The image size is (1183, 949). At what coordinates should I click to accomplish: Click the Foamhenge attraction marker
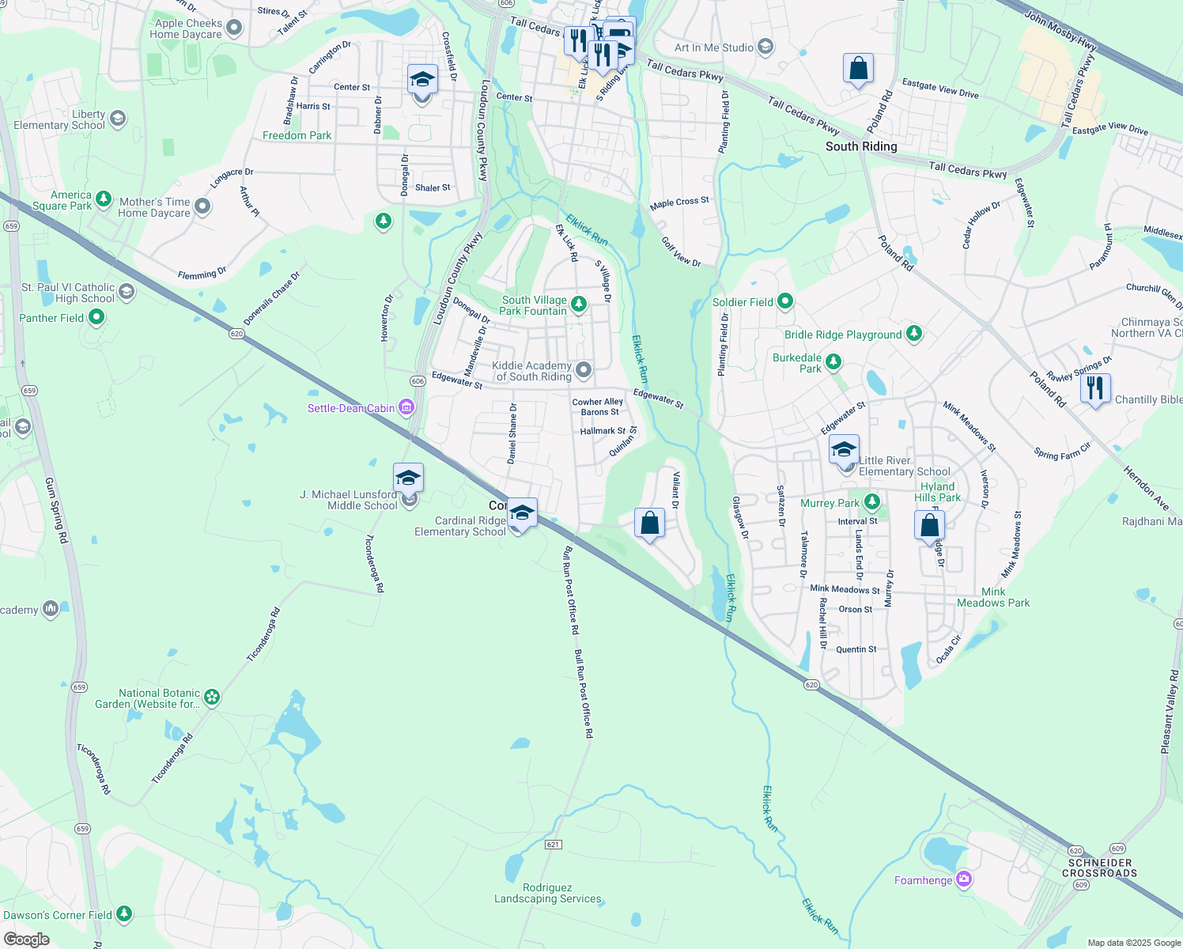pos(963,879)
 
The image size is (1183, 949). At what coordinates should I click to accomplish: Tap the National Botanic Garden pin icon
pos(211,697)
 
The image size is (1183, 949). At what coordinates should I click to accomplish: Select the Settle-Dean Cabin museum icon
pos(406,407)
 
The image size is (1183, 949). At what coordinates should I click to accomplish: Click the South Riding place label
pos(861,146)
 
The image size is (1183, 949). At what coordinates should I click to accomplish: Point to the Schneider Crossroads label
pos(1099,868)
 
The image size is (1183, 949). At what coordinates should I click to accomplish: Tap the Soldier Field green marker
pos(785,301)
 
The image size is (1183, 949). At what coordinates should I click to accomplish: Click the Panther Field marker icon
pos(96,317)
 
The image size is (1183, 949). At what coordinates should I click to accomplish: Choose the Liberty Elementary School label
pos(59,120)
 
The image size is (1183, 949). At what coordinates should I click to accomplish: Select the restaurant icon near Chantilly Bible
pos(1095,388)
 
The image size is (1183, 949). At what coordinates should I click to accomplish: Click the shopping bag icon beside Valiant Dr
pos(649,523)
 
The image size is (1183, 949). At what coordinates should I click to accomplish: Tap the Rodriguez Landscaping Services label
pos(547,894)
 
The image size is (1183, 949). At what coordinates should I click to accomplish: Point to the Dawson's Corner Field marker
pos(124,914)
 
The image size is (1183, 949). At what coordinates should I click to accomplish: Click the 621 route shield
pos(553,845)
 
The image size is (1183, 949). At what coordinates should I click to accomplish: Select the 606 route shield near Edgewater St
pos(418,381)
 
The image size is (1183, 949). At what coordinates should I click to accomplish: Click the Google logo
pos(27,940)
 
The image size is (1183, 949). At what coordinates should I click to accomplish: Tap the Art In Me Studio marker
pos(765,47)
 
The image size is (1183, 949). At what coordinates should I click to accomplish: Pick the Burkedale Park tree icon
pos(833,362)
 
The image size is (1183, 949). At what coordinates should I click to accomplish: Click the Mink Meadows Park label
pos(993,597)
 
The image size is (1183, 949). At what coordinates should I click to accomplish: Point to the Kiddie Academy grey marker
pos(584,369)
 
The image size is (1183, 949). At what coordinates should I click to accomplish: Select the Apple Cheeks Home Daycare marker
pos(233,28)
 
